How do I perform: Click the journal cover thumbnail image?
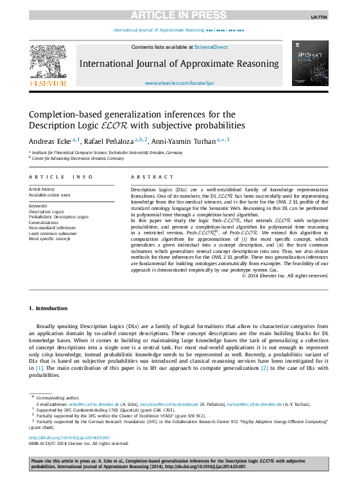pos(309,63)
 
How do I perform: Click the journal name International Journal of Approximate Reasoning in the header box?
pos(179,64)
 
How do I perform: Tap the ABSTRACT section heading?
pos(152,177)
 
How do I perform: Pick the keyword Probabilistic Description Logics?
pos(58,217)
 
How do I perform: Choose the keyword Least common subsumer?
pos(53,232)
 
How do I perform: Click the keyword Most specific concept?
pos(49,238)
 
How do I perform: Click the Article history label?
pos(42,189)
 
